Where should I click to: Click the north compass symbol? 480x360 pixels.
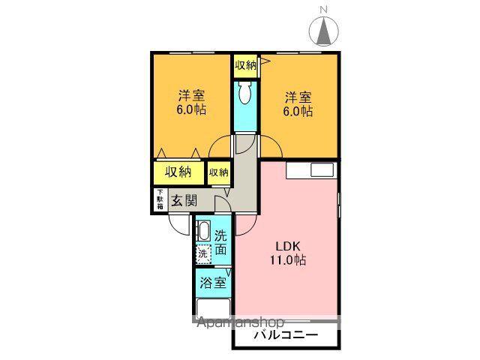[324, 32]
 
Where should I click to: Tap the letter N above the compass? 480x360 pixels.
[324, 10]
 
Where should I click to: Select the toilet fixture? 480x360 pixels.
[244, 94]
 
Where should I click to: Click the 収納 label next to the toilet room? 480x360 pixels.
[244, 65]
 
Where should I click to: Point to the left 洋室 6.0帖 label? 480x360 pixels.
[191, 103]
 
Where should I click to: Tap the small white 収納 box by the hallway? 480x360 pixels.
[218, 172]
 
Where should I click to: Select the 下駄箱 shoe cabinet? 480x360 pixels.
[160, 199]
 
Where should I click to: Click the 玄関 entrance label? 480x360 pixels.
[183, 200]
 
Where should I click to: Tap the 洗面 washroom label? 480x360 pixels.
[220, 243]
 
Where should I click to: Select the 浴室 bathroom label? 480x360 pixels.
[213, 283]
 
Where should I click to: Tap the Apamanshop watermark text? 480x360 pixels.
[238, 324]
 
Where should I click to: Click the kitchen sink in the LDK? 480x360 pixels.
[322, 169]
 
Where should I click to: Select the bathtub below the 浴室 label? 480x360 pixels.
[213, 308]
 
